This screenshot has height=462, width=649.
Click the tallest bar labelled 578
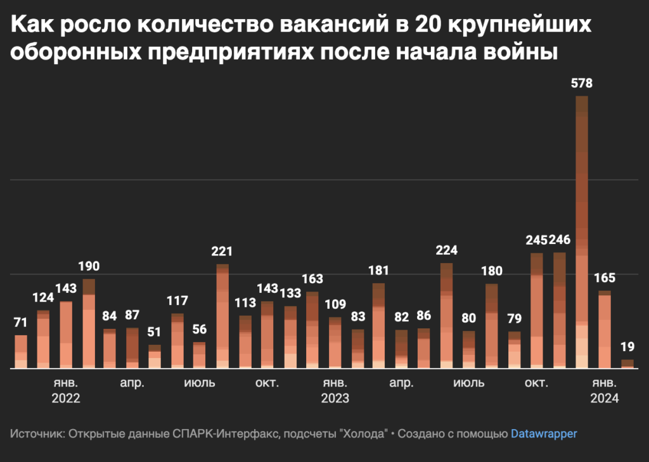pyautogui.click(x=582, y=232)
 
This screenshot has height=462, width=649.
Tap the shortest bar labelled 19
pyautogui.click(x=627, y=363)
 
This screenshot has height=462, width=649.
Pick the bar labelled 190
pyautogui.click(x=89, y=323)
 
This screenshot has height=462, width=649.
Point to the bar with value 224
pyautogui.click(x=447, y=315)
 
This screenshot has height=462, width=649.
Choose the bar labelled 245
pyautogui.click(x=537, y=311)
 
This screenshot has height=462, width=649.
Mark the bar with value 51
pyautogui.click(x=155, y=356)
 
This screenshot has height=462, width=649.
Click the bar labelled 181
pyautogui.click(x=379, y=325)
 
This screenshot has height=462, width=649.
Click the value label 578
pyautogui.click(x=582, y=83)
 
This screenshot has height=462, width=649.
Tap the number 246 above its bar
pyautogui.click(x=560, y=240)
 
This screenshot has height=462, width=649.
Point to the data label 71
pyautogui.click(x=21, y=323)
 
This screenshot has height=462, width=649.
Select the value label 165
pyautogui.click(x=605, y=278)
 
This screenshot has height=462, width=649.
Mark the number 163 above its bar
pyautogui.click(x=312, y=279)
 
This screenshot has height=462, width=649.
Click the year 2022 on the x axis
pyautogui.click(x=66, y=399)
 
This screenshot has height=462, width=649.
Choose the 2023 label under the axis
pyautogui.click(x=335, y=399)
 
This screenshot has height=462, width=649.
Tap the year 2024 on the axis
pyautogui.click(x=604, y=399)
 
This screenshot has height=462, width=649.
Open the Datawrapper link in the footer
pyautogui.click(x=544, y=434)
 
